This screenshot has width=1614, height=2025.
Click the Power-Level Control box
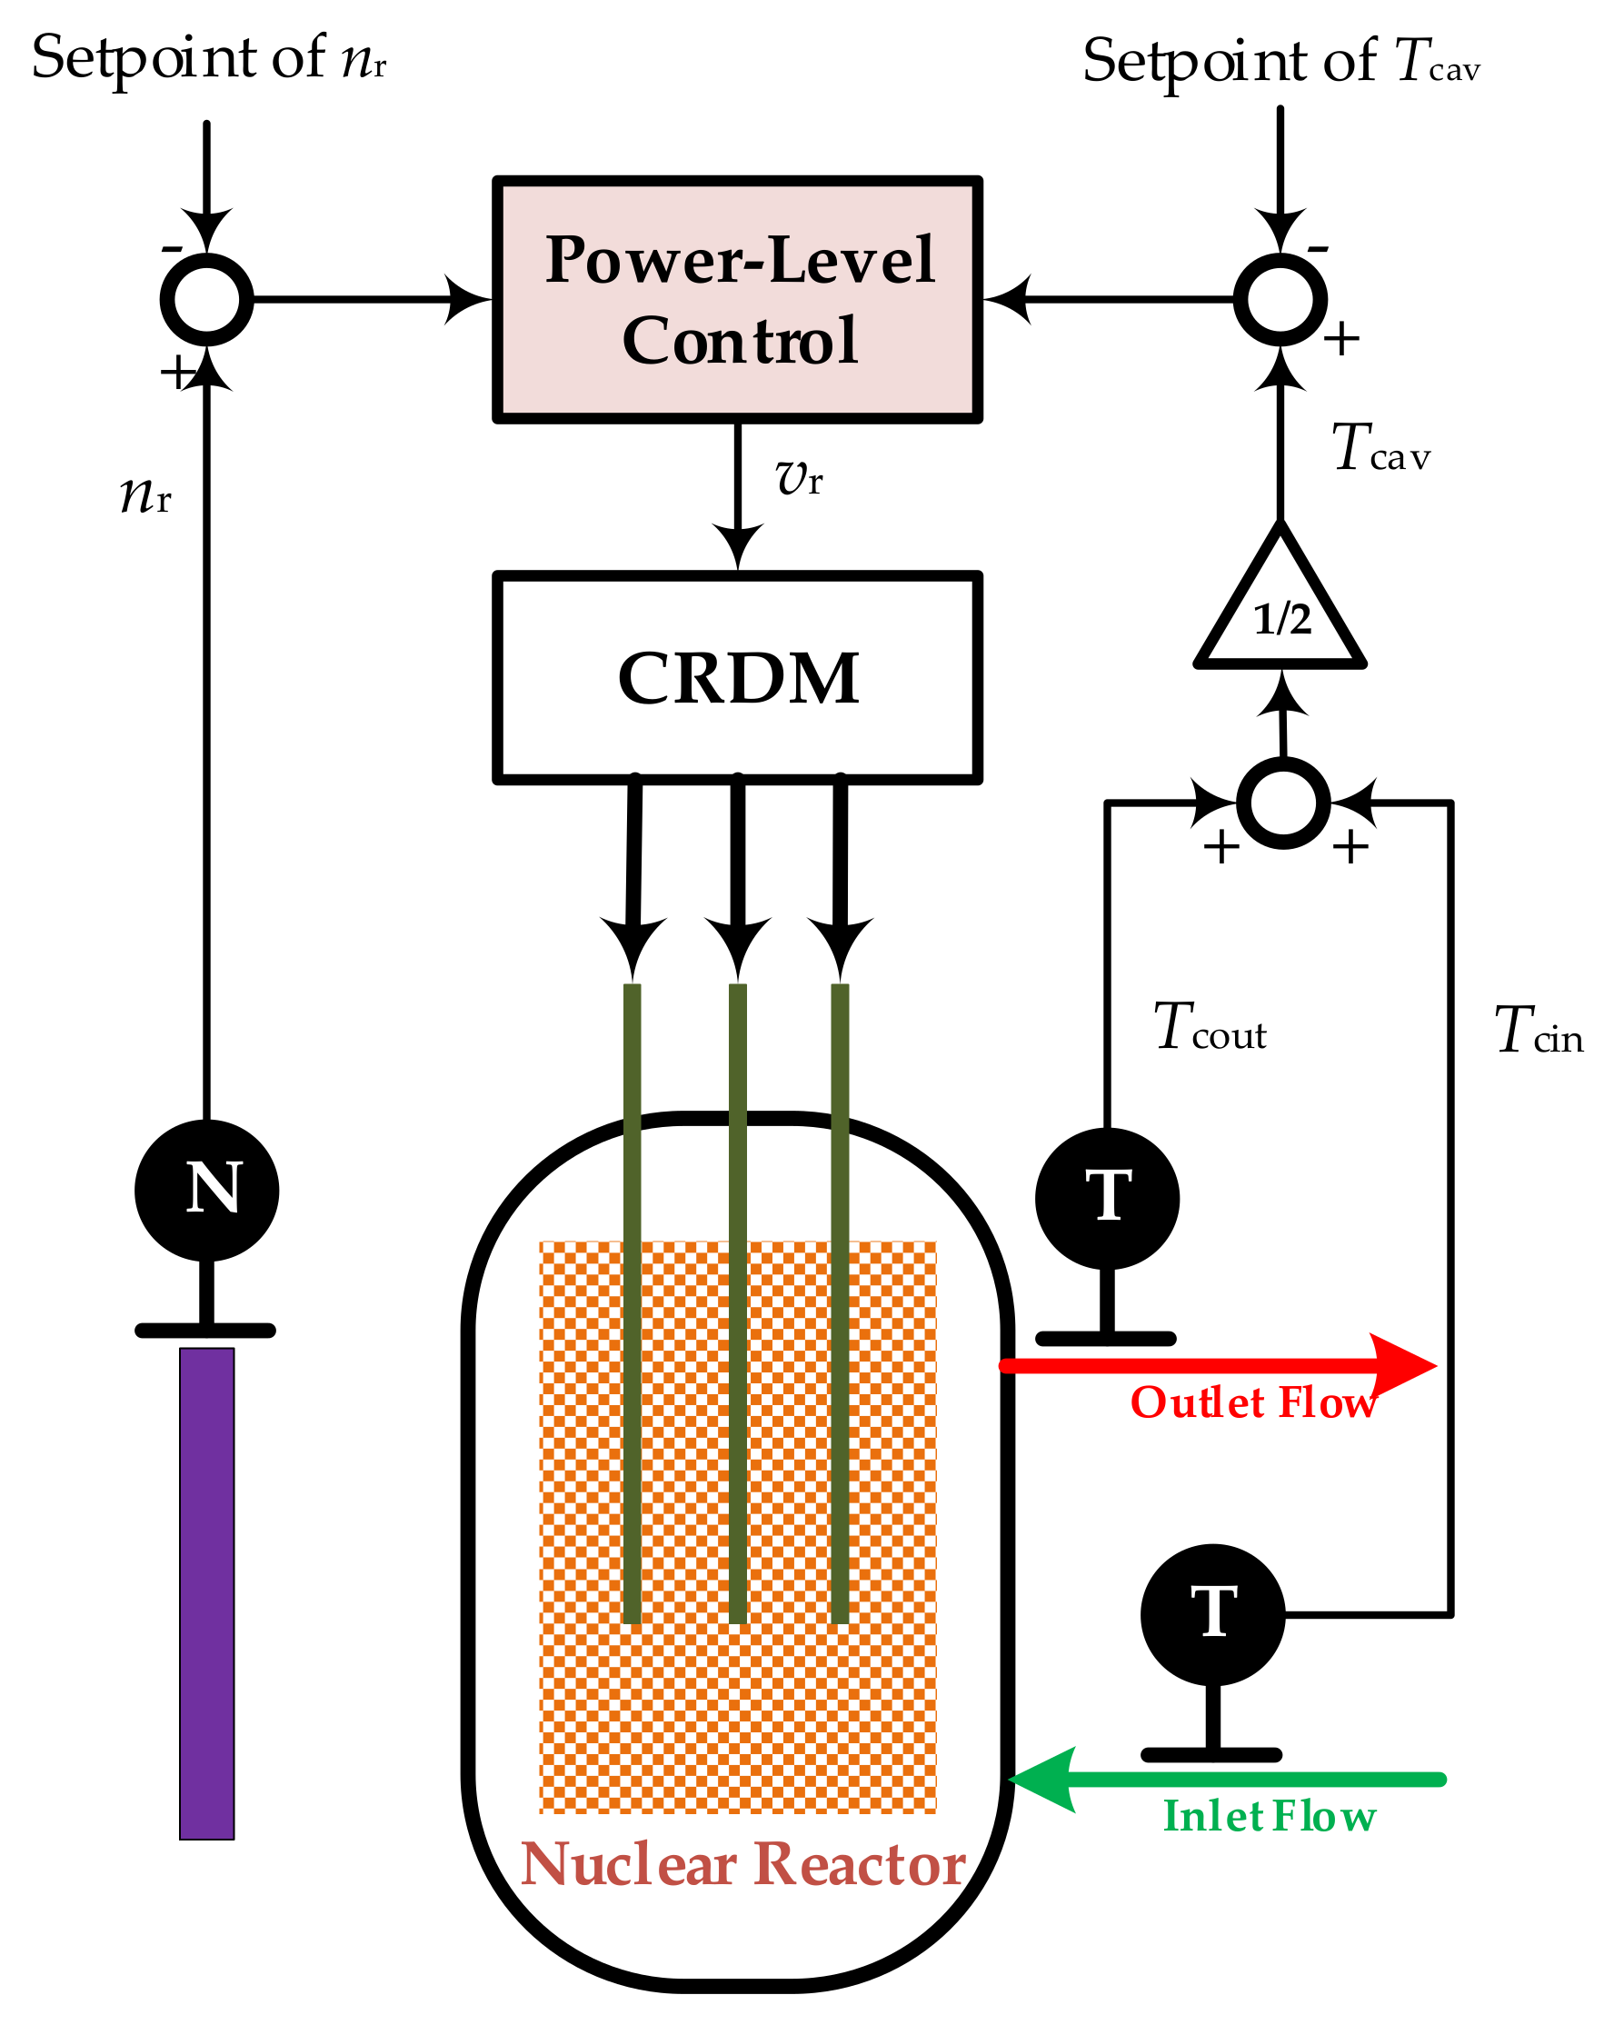click(x=737, y=299)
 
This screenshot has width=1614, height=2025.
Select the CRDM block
click(x=737, y=677)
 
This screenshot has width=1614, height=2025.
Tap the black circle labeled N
click(x=206, y=1190)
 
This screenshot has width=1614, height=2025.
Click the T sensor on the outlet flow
click(x=1107, y=1199)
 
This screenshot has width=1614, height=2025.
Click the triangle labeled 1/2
click(x=1280, y=612)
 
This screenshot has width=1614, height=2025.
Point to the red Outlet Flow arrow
click(x=1220, y=1366)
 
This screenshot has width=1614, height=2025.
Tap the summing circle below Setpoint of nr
click(x=206, y=299)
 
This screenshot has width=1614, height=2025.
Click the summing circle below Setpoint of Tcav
click(x=1280, y=299)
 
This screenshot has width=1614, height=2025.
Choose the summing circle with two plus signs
click(x=1282, y=803)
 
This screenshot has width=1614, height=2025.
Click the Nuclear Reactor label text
click(x=742, y=1863)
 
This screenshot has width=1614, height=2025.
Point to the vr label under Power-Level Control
click(x=799, y=478)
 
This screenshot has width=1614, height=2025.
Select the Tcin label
click(x=1537, y=1031)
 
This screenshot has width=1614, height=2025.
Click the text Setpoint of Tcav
click(x=1280, y=61)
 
